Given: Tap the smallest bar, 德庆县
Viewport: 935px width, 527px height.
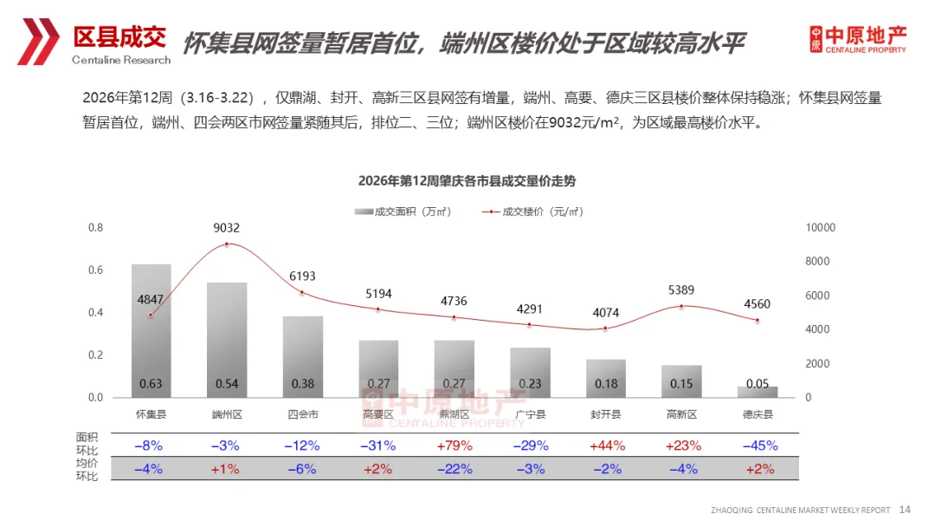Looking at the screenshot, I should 758,392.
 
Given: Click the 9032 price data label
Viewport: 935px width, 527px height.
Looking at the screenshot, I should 227,228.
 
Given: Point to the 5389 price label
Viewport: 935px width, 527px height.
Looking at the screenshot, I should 681,290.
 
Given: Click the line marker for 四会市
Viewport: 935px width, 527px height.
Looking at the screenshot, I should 302,293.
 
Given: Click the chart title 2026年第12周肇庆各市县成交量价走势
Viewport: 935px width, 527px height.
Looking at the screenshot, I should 467,181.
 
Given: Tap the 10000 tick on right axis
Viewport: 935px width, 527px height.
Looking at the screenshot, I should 820,228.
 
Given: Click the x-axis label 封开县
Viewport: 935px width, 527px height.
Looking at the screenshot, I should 605,414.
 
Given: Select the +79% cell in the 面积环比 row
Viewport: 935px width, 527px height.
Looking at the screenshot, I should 454,446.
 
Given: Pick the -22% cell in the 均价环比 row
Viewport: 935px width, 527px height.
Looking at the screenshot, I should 454,469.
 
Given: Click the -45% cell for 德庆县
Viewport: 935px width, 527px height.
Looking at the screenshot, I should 758,446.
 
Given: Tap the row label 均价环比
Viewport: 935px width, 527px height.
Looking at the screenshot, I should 87,469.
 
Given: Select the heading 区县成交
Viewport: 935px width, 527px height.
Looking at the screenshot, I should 119,36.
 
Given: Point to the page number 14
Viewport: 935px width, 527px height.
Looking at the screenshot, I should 906,509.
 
